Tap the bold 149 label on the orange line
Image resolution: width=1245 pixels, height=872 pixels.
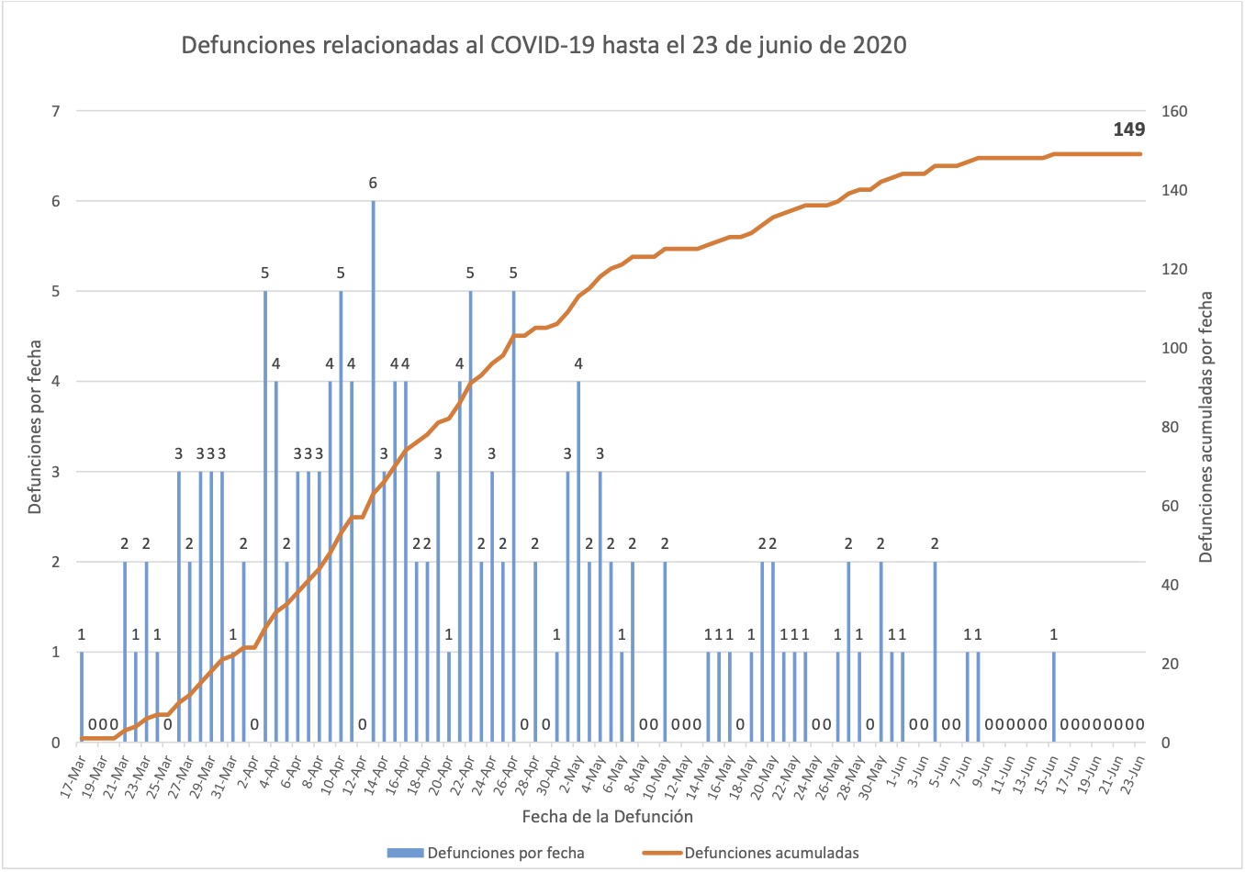(1128, 129)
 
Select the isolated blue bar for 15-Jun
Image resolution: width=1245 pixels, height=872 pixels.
(1054, 698)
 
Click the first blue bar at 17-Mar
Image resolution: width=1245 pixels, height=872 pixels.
(82, 698)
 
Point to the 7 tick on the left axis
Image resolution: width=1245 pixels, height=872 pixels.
(55, 112)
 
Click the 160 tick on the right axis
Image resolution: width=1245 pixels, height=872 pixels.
(1174, 112)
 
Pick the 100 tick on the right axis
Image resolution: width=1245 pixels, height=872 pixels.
(1174, 349)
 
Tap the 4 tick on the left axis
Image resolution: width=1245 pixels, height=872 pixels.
(55, 382)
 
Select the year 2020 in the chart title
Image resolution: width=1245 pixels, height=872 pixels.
(880, 45)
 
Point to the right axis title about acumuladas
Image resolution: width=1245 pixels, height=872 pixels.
(1206, 427)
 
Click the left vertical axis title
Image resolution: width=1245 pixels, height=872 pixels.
(35, 427)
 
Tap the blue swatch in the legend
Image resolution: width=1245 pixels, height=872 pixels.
(405, 853)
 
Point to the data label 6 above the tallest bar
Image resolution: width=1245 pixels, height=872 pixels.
(373, 184)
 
